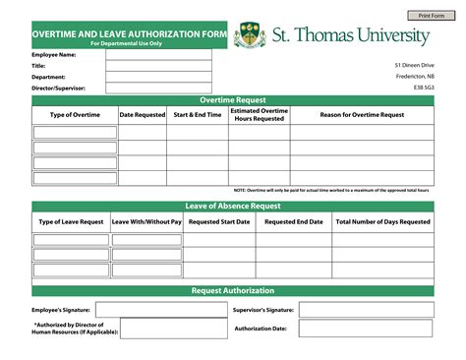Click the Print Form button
[431, 17]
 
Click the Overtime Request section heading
[232, 101]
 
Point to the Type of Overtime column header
[75, 115]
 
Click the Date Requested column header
[143, 115]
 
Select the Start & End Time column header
[198, 115]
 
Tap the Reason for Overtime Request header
[361, 115]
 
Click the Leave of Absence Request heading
[232, 207]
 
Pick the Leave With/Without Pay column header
[146, 222]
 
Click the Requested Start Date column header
[219, 222]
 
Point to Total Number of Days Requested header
[382, 222]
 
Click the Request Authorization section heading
[232, 291]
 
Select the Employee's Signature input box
[157, 310]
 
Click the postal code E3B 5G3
[423, 89]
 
